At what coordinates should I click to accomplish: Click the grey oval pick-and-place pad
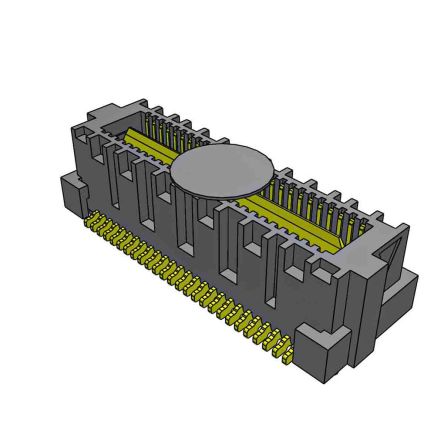tap(223, 171)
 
